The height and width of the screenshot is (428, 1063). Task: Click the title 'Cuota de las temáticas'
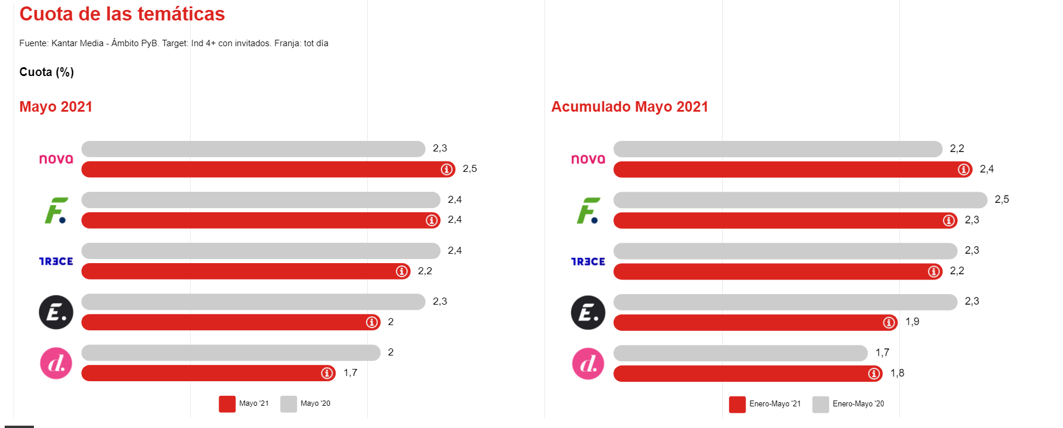point(122,14)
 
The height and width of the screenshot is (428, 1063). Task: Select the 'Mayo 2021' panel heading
point(56,106)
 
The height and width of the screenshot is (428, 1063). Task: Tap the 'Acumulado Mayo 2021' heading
point(629,106)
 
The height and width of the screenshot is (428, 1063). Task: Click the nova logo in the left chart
point(56,159)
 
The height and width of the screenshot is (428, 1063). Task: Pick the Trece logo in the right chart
point(588,261)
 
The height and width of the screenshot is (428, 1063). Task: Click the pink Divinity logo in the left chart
point(56,363)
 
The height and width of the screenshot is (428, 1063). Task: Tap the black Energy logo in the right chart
point(588,313)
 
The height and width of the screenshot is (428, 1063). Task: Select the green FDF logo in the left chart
point(56,210)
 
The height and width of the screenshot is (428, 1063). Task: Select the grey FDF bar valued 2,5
point(800,200)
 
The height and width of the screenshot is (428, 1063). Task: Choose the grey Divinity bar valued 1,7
point(740,353)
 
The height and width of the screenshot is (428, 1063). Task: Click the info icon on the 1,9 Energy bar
point(889,322)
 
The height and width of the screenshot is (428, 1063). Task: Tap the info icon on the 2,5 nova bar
point(447,170)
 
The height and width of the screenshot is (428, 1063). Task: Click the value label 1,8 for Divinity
point(897,373)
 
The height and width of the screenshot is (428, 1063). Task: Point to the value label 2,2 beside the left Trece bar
point(424,271)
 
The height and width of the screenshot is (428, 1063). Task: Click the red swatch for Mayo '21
point(227,404)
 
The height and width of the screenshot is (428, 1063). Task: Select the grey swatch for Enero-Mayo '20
point(820,405)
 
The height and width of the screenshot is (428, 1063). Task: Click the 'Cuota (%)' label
point(46,72)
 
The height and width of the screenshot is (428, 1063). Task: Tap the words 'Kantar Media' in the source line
point(77,43)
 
